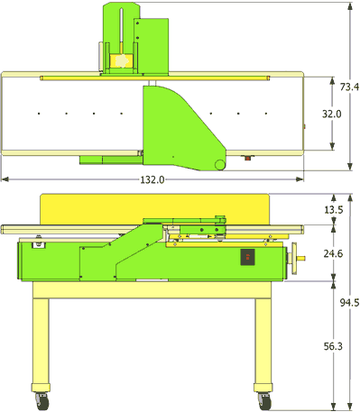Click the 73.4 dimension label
[349, 87]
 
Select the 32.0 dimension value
[332, 114]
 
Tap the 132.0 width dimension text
[152, 179]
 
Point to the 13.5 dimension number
[334, 210]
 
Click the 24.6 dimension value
[333, 253]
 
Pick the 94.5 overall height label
[349, 303]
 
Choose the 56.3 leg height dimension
[333, 346]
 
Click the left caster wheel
[42, 401]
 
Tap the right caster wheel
[264, 401]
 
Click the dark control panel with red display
[247, 257]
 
